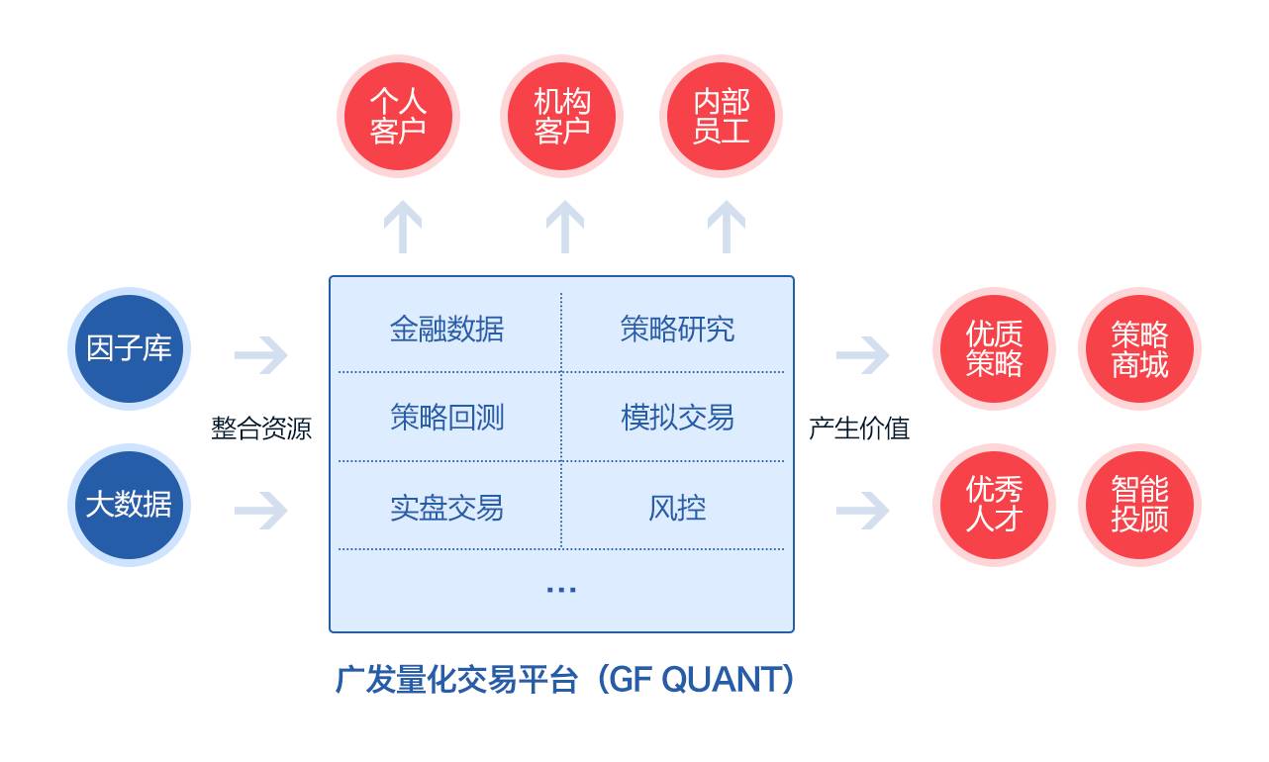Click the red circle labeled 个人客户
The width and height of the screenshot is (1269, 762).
tap(398, 116)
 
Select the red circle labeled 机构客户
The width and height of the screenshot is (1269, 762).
tap(561, 116)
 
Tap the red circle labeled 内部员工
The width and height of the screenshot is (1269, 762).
tap(721, 116)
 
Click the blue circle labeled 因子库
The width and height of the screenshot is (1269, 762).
tap(129, 348)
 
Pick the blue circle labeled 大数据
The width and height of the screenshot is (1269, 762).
tap(129, 505)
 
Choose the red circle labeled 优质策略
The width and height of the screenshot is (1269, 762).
tap(994, 348)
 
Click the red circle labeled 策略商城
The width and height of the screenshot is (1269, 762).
tap(1139, 348)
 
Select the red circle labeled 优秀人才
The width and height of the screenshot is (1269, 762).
tap(994, 505)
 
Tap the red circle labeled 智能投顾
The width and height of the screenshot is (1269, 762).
tap(1139, 505)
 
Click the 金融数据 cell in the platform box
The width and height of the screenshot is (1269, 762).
tap(446, 329)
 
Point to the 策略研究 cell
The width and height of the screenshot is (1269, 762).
tap(677, 329)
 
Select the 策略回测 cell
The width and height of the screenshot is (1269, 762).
tap(446, 418)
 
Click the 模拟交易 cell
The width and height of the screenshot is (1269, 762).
tap(677, 418)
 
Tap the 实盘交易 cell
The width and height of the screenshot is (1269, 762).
tap(446, 508)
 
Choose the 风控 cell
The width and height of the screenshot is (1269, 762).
tap(677, 508)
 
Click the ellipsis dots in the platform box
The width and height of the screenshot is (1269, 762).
tap(561, 590)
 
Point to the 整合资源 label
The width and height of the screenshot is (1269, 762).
tap(261, 429)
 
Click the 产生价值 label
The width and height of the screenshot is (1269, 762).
tap(859, 429)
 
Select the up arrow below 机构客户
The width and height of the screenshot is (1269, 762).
tap(564, 227)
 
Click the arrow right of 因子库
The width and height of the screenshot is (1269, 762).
tap(261, 355)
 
